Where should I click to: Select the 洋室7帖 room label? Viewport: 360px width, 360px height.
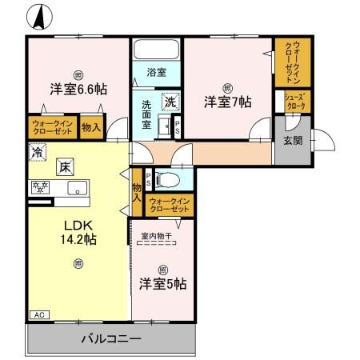(227, 102)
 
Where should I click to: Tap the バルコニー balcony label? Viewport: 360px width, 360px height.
(111, 338)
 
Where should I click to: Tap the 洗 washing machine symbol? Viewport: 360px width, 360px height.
(170, 102)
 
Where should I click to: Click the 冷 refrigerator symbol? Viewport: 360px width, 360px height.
(37, 150)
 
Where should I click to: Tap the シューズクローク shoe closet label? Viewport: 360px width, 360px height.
(293, 102)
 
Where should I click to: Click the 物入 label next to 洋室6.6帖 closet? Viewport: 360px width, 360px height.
(91, 126)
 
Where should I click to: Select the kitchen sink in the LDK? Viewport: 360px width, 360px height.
(78, 189)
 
